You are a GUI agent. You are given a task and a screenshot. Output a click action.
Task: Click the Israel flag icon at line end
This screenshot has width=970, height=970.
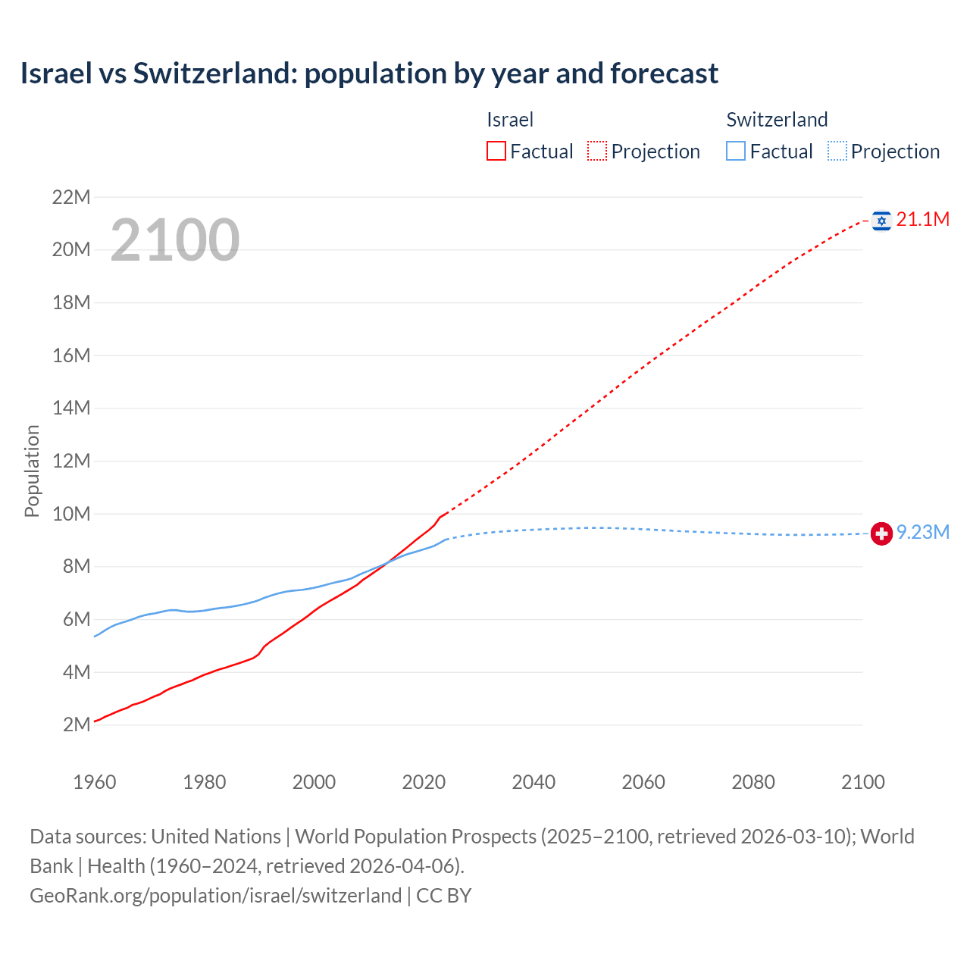881,221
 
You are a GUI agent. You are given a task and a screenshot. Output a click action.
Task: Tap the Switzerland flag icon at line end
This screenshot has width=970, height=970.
881,533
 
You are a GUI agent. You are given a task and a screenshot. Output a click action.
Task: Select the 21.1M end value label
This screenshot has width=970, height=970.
922,220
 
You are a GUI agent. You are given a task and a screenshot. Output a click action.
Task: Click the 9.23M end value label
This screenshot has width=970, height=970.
922,533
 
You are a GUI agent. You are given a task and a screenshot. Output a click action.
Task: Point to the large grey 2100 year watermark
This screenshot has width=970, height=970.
175,240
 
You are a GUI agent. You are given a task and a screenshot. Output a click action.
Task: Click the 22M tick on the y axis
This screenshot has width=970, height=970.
71,198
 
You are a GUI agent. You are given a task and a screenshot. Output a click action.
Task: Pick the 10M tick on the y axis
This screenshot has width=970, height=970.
71,514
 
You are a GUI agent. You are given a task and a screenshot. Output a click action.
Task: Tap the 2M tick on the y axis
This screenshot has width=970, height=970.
77,724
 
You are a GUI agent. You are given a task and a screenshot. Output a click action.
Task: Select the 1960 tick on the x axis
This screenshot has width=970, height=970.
95,782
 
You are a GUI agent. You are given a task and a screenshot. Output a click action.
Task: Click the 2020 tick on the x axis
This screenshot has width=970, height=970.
424,782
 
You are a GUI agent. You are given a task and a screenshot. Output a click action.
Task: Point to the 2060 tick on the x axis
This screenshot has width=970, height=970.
643,782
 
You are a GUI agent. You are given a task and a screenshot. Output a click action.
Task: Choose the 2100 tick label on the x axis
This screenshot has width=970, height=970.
862,782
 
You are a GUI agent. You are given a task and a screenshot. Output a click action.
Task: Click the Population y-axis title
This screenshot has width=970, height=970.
32,471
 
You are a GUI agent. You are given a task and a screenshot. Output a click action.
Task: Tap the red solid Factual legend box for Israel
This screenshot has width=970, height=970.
496,152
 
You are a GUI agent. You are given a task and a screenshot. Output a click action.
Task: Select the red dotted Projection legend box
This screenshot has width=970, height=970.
597,152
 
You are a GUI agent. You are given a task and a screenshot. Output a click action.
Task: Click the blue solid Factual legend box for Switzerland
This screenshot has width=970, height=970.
736,152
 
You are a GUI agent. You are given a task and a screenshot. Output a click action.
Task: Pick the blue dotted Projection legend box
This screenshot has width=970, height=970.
837,152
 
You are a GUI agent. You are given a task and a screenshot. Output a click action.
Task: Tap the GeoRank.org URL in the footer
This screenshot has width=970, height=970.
216,896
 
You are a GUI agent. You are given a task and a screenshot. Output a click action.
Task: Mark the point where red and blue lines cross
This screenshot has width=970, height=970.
388,562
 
